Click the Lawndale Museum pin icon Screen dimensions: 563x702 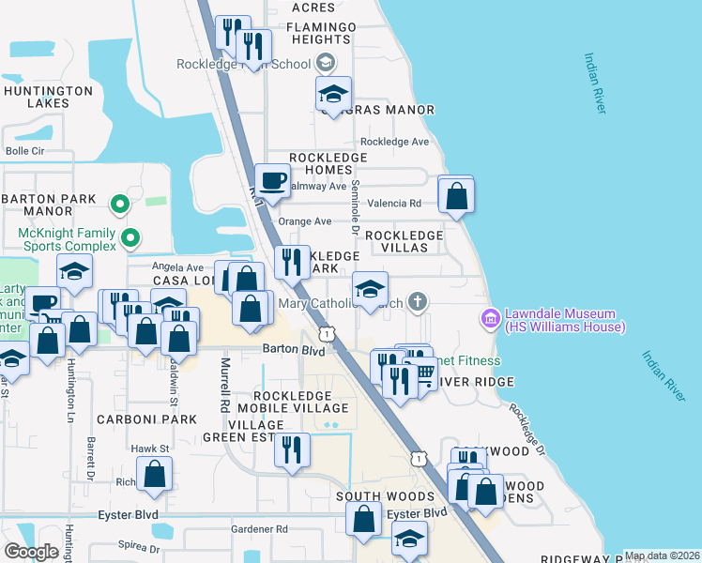click(489, 320)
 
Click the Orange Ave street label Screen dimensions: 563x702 click(310, 221)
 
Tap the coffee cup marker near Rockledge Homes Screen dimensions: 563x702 click(272, 180)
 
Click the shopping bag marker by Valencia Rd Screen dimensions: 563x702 click(456, 196)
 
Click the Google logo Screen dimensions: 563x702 click(31, 552)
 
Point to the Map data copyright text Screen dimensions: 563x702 click(661, 555)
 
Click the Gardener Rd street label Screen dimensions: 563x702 click(260, 529)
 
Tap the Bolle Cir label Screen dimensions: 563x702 click(25, 150)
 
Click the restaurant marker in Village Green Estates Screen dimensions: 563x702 click(292, 449)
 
